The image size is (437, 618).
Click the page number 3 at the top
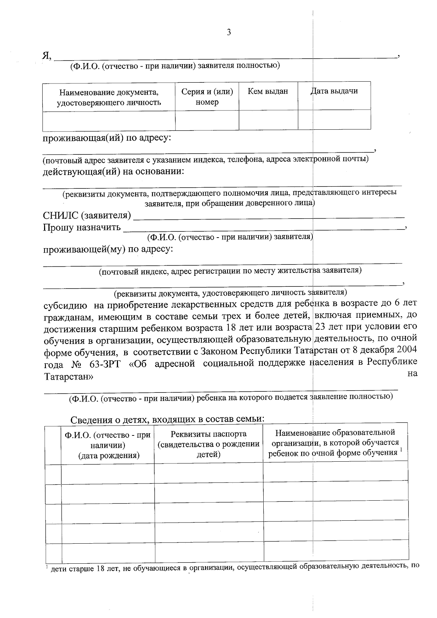point(229,32)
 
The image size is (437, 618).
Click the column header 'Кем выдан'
point(268,91)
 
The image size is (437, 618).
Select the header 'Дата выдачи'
point(334,91)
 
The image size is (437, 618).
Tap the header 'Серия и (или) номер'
point(207,97)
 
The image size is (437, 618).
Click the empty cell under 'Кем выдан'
point(268,121)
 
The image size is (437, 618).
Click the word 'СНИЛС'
point(60,216)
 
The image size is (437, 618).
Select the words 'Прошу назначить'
point(82,228)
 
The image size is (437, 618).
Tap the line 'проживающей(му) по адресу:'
point(108,250)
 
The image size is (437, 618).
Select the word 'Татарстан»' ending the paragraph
point(68,376)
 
